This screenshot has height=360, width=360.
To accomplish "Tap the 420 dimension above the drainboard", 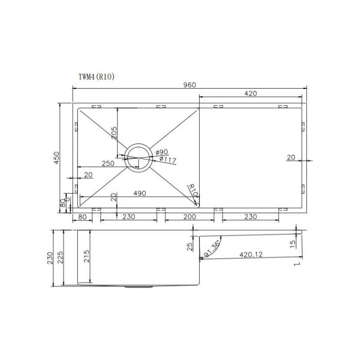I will tap(251, 94).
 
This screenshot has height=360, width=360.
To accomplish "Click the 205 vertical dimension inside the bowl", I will tap(114, 131).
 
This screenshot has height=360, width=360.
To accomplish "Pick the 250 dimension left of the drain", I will tap(107, 164).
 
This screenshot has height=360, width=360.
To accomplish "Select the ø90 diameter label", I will tap(162, 153).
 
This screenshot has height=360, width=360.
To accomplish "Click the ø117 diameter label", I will tap(167, 159).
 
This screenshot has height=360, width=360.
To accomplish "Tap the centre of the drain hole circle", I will tap(138, 158).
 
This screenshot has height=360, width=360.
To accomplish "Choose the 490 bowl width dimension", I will tap(139, 193).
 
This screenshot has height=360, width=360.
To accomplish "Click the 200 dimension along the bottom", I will tap(189, 217).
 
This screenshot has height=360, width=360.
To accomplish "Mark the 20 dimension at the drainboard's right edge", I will tap(291, 157).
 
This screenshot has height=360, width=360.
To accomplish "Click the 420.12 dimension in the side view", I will tap(251, 255).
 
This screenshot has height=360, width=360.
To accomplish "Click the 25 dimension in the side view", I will tap(189, 246).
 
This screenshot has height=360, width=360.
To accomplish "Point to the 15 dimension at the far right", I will tap(292, 243).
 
